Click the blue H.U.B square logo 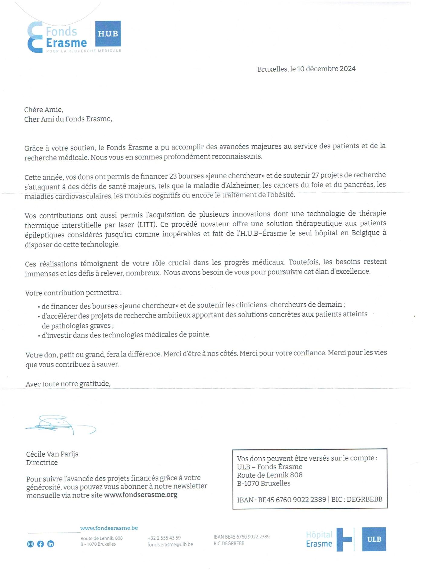(108, 33)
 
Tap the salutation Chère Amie (44, 110)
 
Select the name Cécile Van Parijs (52, 454)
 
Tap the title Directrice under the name (42, 462)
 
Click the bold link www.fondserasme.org (141, 495)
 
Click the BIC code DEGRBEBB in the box (365, 499)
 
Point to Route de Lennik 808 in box (270, 475)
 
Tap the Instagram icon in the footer (31, 544)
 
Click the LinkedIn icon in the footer (51, 544)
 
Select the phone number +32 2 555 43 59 (164, 538)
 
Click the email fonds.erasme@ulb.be (170, 544)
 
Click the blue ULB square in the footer (374, 539)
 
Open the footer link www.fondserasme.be (109, 528)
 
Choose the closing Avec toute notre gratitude (68, 384)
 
